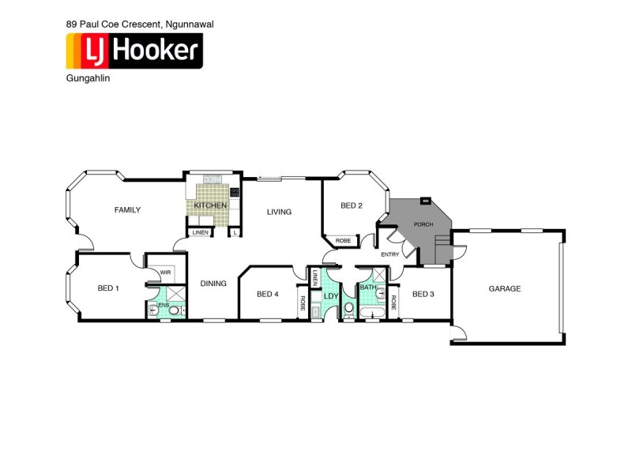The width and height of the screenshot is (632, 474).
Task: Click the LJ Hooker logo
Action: click(x=134, y=51)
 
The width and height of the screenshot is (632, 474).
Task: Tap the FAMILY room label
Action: click(x=127, y=210)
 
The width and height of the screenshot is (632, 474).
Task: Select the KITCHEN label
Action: click(x=211, y=206)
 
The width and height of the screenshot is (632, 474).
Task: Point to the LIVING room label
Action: click(x=279, y=212)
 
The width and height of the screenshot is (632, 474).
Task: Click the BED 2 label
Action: click(x=352, y=206)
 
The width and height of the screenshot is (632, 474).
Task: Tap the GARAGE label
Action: click(x=504, y=289)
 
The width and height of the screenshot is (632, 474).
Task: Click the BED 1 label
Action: click(x=107, y=288)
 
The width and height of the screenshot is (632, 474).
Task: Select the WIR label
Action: click(x=165, y=273)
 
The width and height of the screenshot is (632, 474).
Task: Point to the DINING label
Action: click(x=213, y=284)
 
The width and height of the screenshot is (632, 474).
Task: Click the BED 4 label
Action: click(x=268, y=295)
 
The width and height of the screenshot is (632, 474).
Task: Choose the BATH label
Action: click(x=368, y=288)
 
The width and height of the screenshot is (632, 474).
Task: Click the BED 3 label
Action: click(x=423, y=295)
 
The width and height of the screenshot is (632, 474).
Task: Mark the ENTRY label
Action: click(x=390, y=254)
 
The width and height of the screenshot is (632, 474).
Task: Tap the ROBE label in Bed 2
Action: click(x=343, y=240)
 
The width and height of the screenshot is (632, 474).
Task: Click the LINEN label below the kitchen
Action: click(x=200, y=232)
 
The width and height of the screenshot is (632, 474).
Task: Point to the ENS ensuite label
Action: click(x=164, y=304)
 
